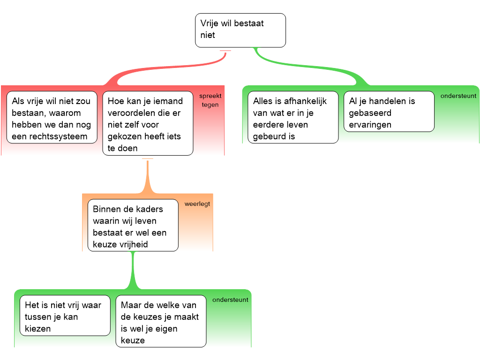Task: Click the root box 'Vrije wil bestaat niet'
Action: [x=240, y=30]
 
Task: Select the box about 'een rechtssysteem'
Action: [x=52, y=117]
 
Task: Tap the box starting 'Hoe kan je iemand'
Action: [x=148, y=123]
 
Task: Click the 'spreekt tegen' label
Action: [x=210, y=100]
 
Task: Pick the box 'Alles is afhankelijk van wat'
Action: [x=293, y=117]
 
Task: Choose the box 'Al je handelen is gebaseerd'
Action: [x=389, y=112]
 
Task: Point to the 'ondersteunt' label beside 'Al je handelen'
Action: [x=458, y=96]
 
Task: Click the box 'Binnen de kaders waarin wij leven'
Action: [x=133, y=225]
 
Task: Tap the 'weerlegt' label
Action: [x=197, y=204]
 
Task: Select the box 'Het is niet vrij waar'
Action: [x=65, y=315]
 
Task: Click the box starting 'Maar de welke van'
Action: [x=161, y=321]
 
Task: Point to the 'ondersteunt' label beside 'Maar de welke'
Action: [x=230, y=300]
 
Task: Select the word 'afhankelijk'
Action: [x=306, y=101]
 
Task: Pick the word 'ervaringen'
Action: [x=370, y=125]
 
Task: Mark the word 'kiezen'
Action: [x=37, y=329]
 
